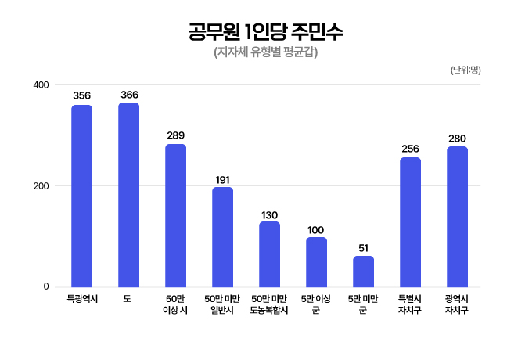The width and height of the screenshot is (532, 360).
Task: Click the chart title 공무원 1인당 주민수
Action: [265, 33]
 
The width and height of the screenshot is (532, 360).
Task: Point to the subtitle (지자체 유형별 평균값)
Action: [265, 53]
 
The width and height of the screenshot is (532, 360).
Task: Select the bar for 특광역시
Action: [82, 196]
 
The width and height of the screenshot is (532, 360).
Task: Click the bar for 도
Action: [129, 194]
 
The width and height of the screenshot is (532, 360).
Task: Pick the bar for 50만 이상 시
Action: [176, 215]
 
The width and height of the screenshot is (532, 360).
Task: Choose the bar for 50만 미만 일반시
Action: [223, 236]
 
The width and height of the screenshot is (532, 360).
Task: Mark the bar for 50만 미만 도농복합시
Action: [270, 254]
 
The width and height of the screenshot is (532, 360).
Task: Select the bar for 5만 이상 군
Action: [317, 261]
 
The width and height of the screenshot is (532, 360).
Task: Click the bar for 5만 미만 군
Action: [364, 271]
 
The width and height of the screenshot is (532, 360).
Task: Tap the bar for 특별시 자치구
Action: [411, 221]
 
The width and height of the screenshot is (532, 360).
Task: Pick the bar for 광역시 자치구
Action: [458, 216]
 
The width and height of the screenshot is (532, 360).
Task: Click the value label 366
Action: [129, 95]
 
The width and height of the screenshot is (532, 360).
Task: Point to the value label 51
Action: [364, 248]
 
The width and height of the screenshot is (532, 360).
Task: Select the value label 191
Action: [223, 180]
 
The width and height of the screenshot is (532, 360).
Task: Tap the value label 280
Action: [458, 139]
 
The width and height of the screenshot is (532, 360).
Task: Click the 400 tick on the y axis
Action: [41, 85]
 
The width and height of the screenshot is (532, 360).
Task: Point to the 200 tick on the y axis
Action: [41, 185]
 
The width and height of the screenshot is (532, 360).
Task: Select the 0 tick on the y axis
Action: [46, 287]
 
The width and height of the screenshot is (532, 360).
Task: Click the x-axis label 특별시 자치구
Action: [411, 304]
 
